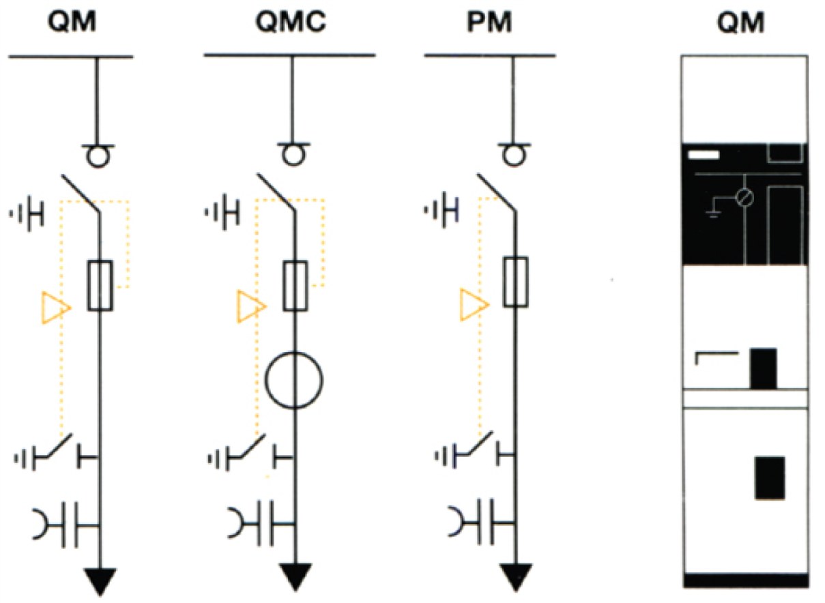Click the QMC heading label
coord(291,21)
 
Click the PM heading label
coord(489,22)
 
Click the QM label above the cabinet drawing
coord(740,23)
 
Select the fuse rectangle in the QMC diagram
coord(295,286)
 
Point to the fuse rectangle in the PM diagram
coord(516,282)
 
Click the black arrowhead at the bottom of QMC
coord(295,576)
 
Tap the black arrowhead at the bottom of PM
coord(516,576)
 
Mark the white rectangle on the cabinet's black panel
coord(704,155)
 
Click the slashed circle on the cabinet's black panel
coord(744,198)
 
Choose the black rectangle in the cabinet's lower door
coord(770,478)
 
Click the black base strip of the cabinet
coord(746,580)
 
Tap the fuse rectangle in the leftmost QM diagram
coord(100,286)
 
